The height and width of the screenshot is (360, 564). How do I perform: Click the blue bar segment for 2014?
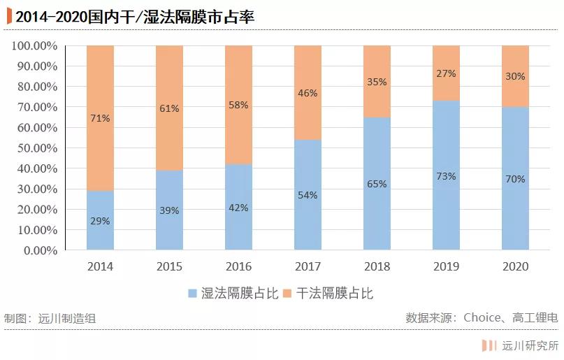(100, 220)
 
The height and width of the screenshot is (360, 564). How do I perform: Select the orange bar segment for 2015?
(169, 108)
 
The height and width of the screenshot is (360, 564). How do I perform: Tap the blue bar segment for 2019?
(446, 175)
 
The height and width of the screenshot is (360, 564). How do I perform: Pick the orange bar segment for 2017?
(308, 92)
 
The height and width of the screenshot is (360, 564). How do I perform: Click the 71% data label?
(100, 118)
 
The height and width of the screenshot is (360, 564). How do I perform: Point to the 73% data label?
(446, 176)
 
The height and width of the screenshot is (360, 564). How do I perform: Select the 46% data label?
(308, 92)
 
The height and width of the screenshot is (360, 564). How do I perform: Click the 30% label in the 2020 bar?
(515, 76)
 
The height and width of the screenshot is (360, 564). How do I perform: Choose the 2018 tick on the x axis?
(377, 266)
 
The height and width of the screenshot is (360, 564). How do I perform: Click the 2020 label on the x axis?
(515, 266)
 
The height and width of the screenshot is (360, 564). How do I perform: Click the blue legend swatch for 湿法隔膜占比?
(192, 294)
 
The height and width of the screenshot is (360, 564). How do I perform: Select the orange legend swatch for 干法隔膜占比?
(287, 294)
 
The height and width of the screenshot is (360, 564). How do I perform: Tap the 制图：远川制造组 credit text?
(50, 318)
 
